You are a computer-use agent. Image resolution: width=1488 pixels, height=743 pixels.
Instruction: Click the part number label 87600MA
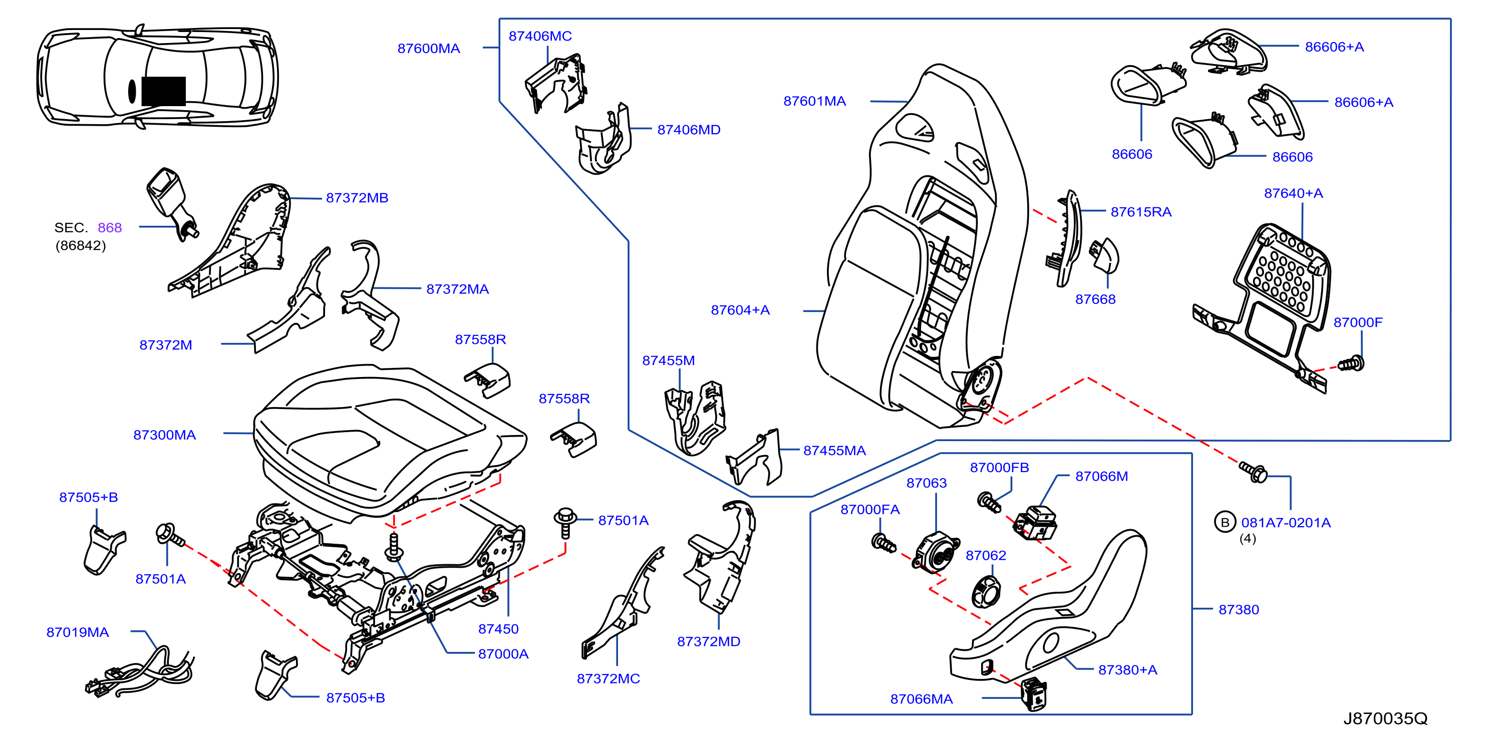coord(429,49)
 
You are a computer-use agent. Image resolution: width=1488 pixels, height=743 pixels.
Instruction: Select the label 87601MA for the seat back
coord(814,101)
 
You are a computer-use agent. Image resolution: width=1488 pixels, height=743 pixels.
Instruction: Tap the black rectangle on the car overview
coord(163,91)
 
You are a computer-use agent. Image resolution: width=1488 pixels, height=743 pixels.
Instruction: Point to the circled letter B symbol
coord(1225,523)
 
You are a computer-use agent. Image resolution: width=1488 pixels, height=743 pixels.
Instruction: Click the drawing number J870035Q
coord(1385,719)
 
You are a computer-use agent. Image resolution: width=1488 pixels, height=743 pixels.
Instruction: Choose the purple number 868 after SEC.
coord(110,227)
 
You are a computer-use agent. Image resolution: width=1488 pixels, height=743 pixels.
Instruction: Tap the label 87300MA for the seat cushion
coord(165,435)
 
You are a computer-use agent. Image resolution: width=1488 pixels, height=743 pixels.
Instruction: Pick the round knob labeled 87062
coord(987,592)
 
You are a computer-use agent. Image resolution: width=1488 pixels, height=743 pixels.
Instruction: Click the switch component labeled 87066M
coord(1036,523)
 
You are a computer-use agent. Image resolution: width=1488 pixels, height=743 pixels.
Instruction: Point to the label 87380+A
coord(1127,670)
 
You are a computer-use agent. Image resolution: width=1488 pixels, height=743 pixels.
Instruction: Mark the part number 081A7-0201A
coord(1286,523)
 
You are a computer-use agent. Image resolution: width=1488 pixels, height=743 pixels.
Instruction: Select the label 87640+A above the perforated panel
coord(1293,193)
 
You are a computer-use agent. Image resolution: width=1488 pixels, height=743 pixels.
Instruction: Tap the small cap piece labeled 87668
coord(1104,255)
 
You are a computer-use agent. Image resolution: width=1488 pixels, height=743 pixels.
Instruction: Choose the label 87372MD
coord(709,641)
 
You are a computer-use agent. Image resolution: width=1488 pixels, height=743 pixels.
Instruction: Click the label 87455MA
coord(835,451)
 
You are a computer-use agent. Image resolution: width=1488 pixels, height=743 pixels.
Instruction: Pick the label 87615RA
coord(1141,212)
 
